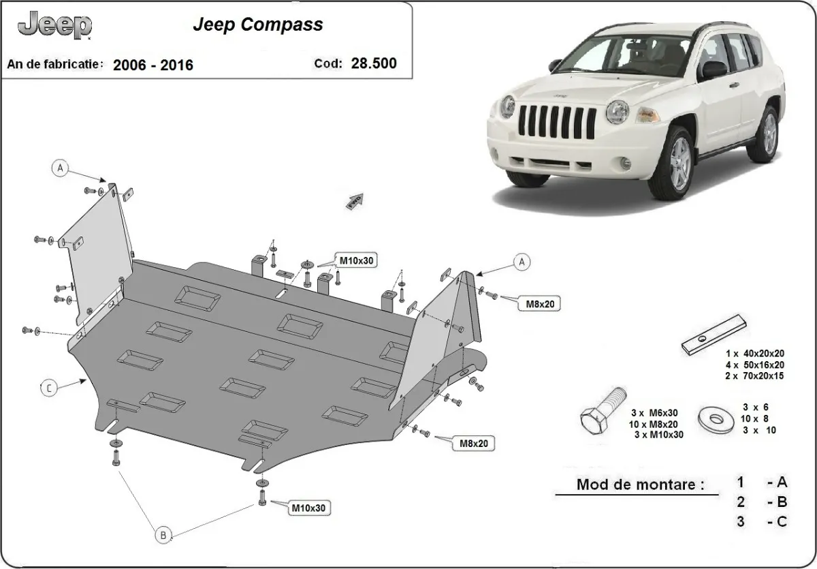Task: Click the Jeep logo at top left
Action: pos(54,26)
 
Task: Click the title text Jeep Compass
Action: pos(258,25)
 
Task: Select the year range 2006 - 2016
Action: pos(153,65)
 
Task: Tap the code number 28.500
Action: pos(373,64)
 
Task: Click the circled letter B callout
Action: pos(163,535)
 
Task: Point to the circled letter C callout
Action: pos(49,388)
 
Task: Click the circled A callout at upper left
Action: pos(60,168)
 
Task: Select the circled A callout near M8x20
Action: pos(522,261)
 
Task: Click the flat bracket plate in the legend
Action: pos(714,335)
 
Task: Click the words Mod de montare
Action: pos(639,485)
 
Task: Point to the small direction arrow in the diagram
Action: pos(355,200)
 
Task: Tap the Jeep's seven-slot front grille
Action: pos(557,122)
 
